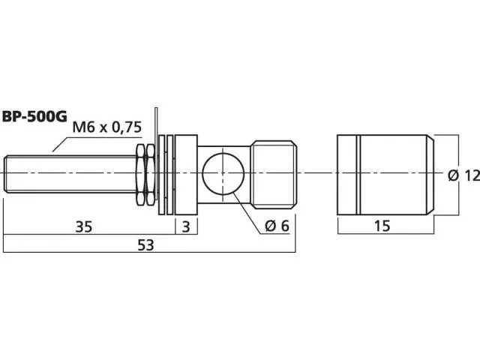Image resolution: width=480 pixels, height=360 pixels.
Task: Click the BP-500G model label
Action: tap(34, 117)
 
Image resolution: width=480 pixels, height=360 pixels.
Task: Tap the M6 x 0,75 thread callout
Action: tap(106, 127)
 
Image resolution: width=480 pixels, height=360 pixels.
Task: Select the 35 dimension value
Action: tap(84, 227)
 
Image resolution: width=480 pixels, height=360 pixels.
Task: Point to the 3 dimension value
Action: tap(186, 226)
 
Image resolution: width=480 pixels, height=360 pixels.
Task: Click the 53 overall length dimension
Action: tap(145, 245)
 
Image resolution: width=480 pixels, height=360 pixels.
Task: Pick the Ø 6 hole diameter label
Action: tap(277, 226)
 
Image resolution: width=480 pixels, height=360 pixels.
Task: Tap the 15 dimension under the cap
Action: tap(382, 226)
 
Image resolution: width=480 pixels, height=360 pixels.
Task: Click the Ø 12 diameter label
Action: tap(463, 175)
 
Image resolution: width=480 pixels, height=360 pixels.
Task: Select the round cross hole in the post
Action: tap(223, 173)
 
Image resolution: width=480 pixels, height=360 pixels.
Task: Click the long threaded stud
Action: tap(71, 175)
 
